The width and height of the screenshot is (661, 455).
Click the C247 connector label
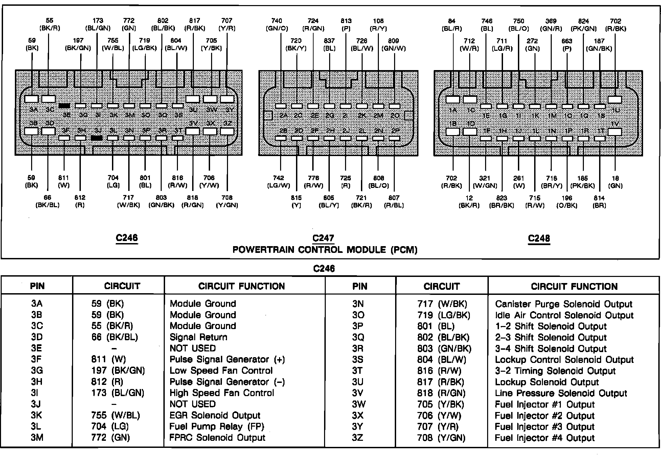pyautogui.click(x=323, y=238)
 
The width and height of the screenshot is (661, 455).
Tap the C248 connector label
pyautogui.click(x=539, y=238)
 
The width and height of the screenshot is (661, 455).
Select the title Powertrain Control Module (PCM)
pyautogui.click(x=325, y=250)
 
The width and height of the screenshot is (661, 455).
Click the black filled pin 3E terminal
pyautogui.click(x=64, y=106)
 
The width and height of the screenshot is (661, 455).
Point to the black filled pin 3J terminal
pyautogui.click(x=97, y=138)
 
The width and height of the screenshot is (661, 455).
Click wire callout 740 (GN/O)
pyautogui.click(x=277, y=25)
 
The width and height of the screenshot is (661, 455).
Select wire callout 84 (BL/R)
pyautogui.click(x=452, y=25)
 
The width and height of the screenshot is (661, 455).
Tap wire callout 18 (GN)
pyautogui.click(x=615, y=182)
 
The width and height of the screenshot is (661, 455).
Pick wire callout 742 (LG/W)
pyautogui.click(x=279, y=182)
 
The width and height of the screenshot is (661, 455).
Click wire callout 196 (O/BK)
pyautogui.click(x=567, y=201)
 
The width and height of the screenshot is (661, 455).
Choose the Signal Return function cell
pyautogui.click(x=199, y=337)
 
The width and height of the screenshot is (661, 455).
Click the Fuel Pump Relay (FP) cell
pyautogui.click(x=217, y=426)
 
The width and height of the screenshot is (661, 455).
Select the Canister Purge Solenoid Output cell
pyautogui.click(x=564, y=304)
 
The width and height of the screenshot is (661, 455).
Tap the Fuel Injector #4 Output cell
pyautogui.click(x=545, y=438)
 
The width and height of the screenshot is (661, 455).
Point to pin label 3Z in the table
pyautogui.click(x=358, y=438)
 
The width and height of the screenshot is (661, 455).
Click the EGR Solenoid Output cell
pyautogui.click(x=215, y=415)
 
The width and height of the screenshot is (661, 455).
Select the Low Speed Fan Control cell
pyautogui.click(x=221, y=371)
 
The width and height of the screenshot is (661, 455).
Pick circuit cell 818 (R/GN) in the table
pyautogui.click(x=441, y=393)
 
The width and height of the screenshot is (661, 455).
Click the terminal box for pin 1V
pyautogui.click(x=615, y=132)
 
